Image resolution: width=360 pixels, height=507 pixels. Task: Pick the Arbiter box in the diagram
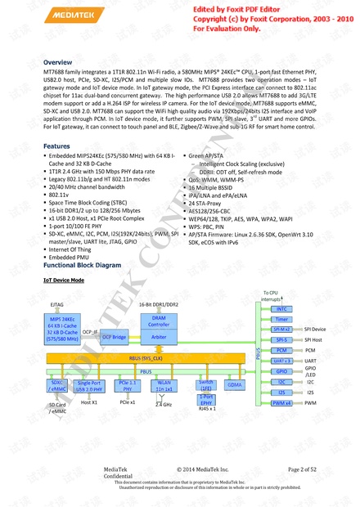[160, 337]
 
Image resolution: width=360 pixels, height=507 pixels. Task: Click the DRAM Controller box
[160, 321]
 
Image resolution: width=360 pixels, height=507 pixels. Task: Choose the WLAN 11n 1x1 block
[164, 385]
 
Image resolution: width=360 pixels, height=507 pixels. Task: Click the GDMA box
[235, 384]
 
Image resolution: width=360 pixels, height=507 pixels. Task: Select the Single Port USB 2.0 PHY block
[89, 385]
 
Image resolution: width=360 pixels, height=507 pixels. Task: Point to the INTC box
[281, 309]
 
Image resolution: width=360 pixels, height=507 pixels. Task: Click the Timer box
[281, 320]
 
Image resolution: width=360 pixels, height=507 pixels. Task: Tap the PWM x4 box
[281, 403]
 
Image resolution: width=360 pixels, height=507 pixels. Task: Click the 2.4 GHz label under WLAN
[164, 405]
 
